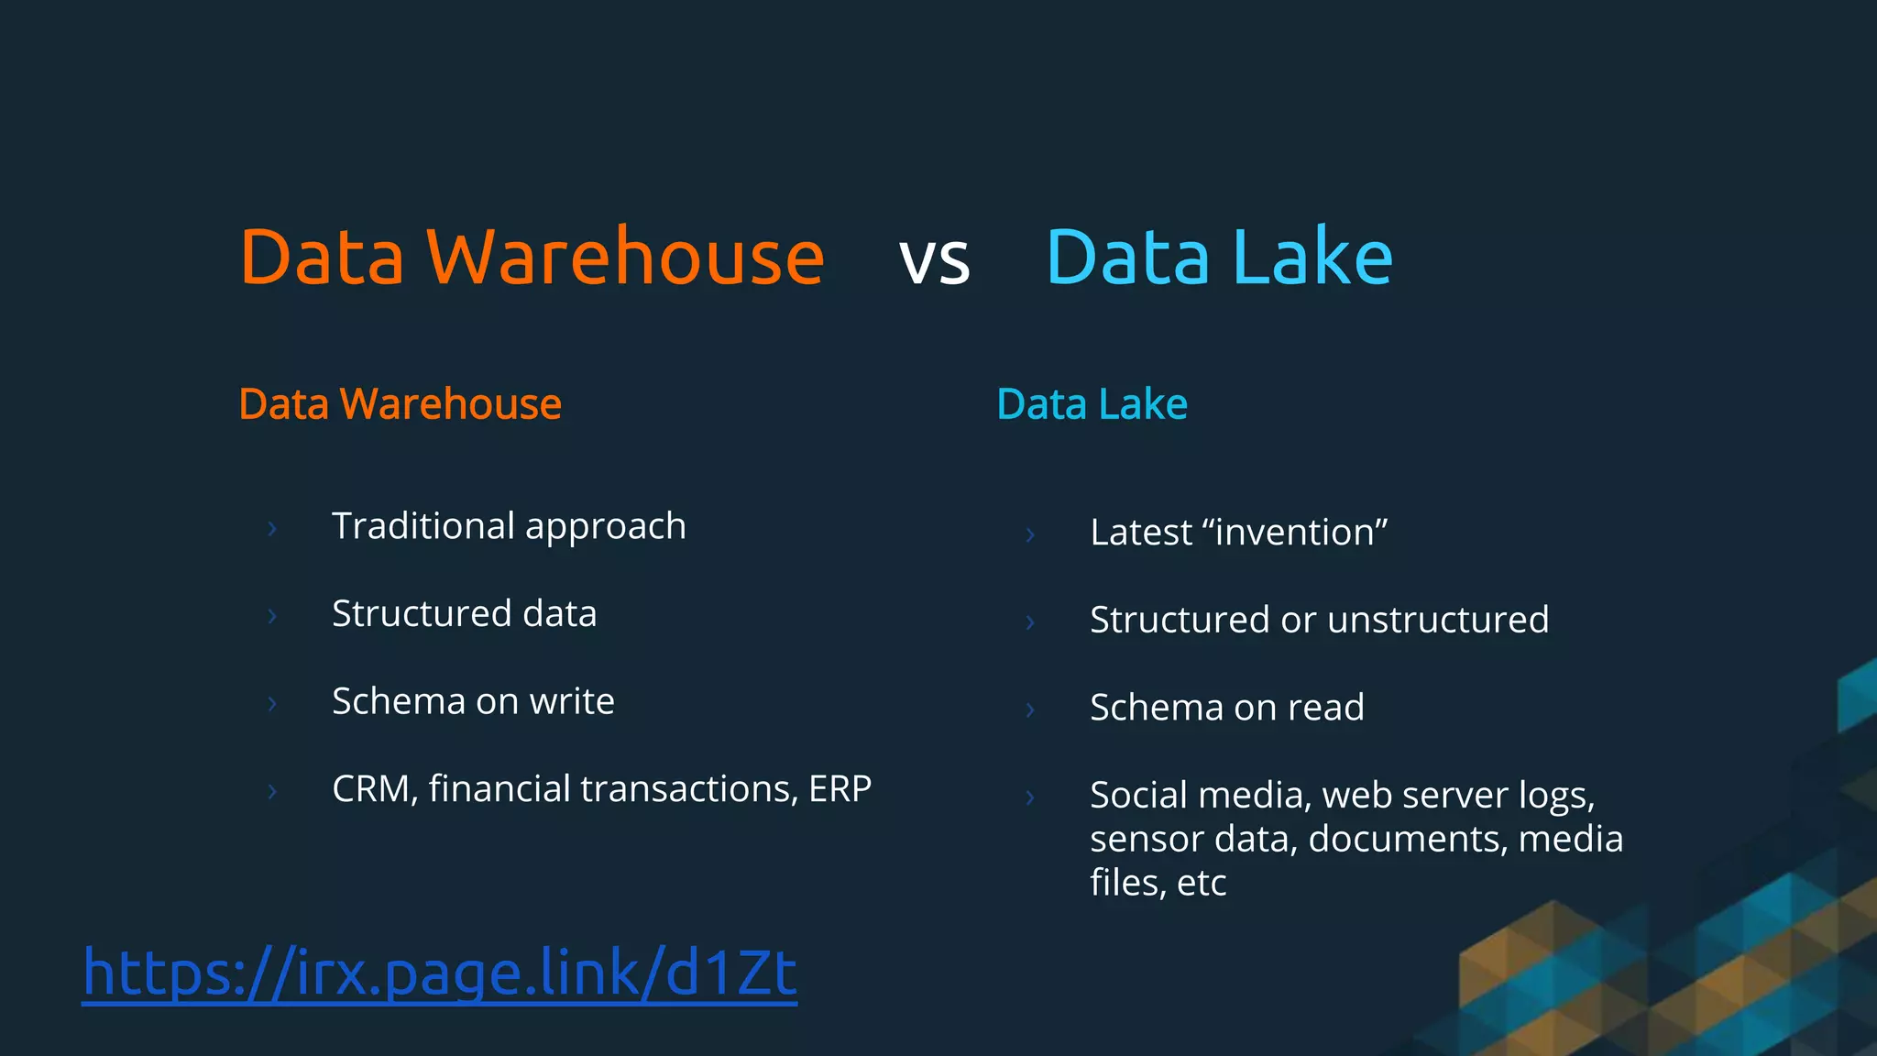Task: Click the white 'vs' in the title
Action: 934,261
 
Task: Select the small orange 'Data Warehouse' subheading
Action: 400,404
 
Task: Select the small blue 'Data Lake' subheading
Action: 1092,404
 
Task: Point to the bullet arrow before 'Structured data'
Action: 271,616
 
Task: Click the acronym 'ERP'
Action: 840,789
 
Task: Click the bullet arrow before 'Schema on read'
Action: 1030,710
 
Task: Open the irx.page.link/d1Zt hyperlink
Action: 439,973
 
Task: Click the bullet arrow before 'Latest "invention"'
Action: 1030,535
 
